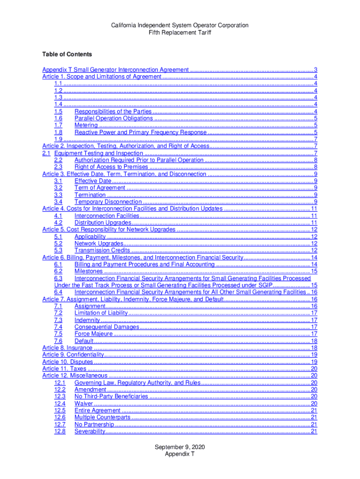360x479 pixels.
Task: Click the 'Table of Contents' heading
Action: pos(67,54)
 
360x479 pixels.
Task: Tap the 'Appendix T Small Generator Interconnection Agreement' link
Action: pos(115,69)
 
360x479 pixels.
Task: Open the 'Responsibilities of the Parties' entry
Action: pos(113,111)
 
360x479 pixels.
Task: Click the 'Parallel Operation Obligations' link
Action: pos(114,118)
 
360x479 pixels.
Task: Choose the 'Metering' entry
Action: pos(86,125)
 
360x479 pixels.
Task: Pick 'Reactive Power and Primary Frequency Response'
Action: pos(140,132)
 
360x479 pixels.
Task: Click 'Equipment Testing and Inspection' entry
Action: pos(99,153)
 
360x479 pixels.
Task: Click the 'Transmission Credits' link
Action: pos(102,251)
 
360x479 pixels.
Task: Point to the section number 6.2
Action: pos(58,271)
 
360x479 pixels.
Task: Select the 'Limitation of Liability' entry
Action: pos(101,313)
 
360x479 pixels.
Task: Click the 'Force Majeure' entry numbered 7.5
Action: pos(94,334)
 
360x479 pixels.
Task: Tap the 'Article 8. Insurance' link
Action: pos(67,348)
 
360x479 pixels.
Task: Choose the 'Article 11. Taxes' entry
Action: pos(65,369)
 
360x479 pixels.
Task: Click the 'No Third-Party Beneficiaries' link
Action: pos(111,397)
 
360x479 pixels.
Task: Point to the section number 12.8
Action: pos(60,431)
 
